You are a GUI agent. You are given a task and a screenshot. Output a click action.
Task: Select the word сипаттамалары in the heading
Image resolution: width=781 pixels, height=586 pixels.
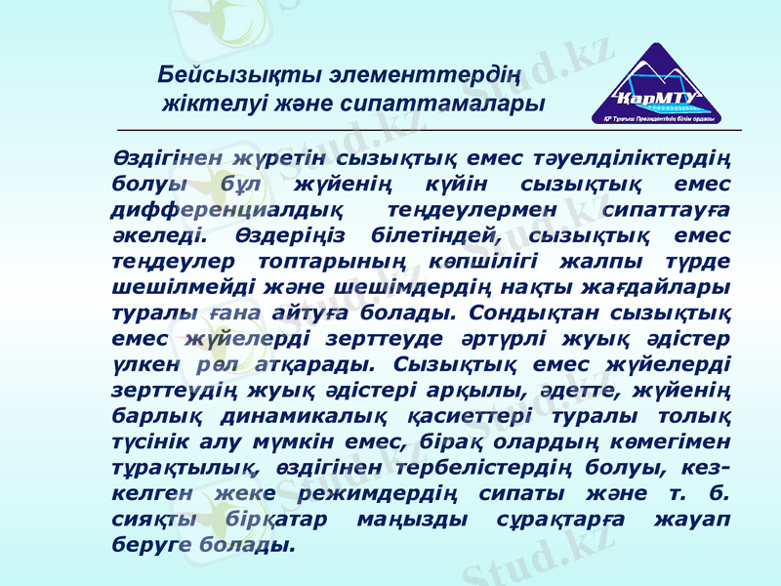click(x=462, y=102)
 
